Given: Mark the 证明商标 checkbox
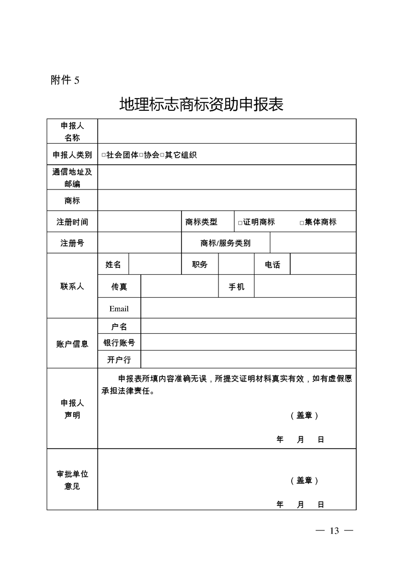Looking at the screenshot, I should pyautogui.click(x=240, y=223).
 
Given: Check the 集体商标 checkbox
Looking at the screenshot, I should pyautogui.click(x=302, y=223).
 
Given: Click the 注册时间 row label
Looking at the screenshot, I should pyautogui.click(x=72, y=222).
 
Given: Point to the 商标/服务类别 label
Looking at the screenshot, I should pyautogui.click(x=225, y=243).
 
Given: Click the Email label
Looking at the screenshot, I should pyautogui.click(x=119, y=308).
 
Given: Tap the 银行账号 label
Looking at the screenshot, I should pyautogui.click(x=119, y=342).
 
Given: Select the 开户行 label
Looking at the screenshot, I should pyautogui.click(x=119, y=360).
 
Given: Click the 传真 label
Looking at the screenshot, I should pyautogui.click(x=119, y=287).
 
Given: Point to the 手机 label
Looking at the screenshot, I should pyautogui.click(x=236, y=287).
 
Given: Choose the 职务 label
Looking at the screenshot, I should pyautogui.click(x=200, y=264).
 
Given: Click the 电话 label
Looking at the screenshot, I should pyautogui.click(x=272, y=264).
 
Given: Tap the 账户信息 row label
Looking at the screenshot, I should pyautogui.click(x=72, y=344).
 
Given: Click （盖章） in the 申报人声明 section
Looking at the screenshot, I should pyautogui.click(x=304, y=415).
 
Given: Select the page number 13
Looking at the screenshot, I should pyautogui.click(x=334, y=531).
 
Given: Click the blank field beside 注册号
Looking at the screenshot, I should pyautogui.click(x=139, y=243).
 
